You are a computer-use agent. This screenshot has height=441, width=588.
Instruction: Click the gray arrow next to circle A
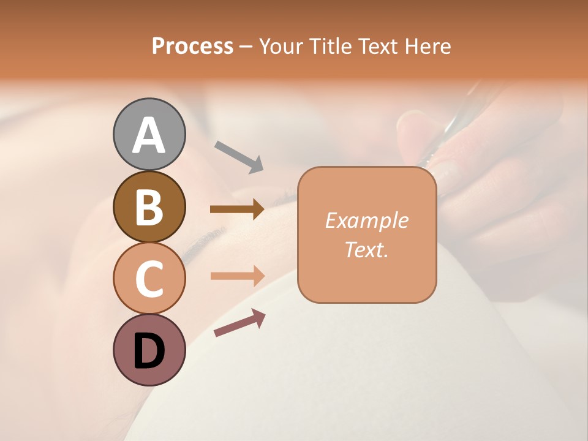239,156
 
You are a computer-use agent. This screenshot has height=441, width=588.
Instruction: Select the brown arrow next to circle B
237,209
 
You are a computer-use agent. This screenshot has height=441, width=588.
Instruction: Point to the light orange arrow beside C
237,276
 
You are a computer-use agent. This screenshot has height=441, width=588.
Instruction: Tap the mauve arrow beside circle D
239,323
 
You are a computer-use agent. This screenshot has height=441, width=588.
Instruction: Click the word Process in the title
192,46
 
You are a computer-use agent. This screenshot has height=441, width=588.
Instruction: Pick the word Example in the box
366,221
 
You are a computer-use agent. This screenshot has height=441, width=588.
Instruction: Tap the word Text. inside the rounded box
366,249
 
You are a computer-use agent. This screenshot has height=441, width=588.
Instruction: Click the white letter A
149,135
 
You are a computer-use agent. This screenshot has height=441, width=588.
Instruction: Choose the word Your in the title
282,46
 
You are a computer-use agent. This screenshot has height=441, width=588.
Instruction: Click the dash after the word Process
246,47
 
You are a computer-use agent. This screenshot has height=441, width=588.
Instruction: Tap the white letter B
149,207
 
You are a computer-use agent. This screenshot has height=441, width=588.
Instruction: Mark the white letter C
149,279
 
